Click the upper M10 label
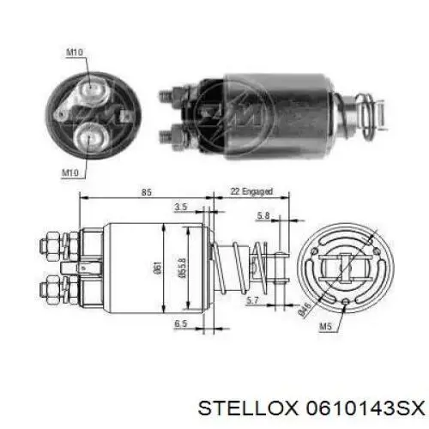(75, 52)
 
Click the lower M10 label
(70, 172)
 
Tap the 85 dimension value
(146, 192)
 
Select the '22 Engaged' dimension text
(251, 191)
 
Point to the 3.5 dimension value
(181, 207)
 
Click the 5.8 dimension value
(263, 215)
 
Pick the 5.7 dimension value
(252, 300)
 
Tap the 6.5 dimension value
(181, 323)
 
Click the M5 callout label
(325, 326)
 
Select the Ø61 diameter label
(158, 268)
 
